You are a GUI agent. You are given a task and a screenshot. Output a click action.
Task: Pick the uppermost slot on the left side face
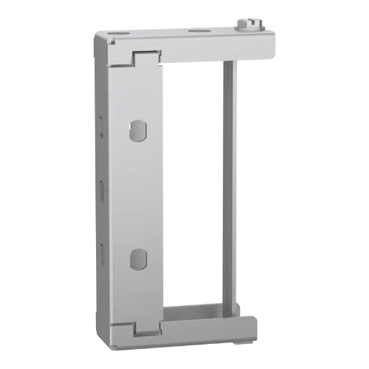click(102, 129)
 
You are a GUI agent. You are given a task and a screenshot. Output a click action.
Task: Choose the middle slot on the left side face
click(102, 190)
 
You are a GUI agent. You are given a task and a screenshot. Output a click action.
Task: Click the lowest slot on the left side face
click(102, 251)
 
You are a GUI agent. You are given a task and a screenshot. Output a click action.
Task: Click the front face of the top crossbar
click(215, 49)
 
